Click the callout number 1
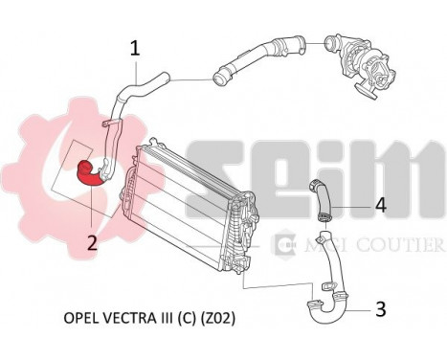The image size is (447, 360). pos(135,47)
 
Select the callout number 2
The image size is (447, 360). pos(92,242)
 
